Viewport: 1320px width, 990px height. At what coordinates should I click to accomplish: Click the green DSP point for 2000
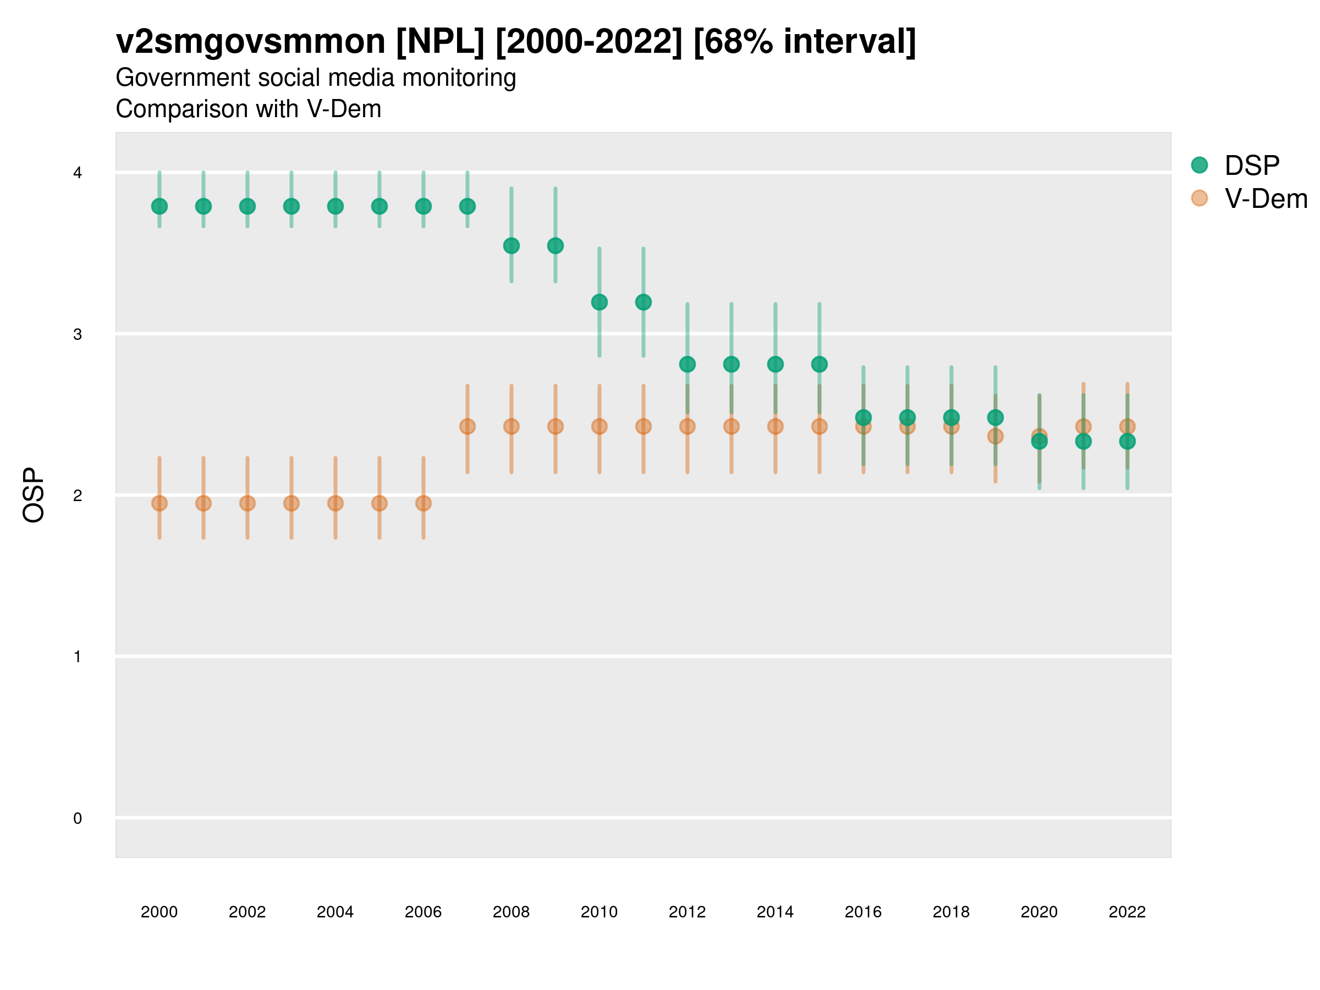159,206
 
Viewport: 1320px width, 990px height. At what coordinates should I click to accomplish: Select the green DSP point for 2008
512,246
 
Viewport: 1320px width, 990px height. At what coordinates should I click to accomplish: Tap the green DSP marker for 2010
599,302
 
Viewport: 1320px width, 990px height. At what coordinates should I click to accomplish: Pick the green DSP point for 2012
687,364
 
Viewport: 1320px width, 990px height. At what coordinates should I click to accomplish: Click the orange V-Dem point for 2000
159,503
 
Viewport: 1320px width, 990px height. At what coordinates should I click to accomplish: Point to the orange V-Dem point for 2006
423,503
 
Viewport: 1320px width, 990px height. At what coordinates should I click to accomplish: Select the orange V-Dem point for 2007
468,427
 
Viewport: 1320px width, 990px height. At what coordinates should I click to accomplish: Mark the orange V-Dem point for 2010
599,427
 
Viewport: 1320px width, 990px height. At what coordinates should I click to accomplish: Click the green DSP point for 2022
1127,442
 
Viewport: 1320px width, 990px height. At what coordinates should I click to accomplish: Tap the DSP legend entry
1251,166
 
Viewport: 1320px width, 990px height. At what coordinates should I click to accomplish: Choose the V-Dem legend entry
1265,199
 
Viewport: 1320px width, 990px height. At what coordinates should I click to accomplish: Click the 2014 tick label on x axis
775,912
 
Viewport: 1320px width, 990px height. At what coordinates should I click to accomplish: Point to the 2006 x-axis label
423,912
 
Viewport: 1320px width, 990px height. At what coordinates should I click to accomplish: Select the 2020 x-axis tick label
1039,912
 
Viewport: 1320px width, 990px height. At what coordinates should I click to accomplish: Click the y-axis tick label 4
78,173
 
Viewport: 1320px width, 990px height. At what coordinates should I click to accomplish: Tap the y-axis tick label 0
78,818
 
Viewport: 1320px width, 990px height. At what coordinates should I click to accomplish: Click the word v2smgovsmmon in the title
251,42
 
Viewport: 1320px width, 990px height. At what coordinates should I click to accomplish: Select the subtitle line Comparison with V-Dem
248,109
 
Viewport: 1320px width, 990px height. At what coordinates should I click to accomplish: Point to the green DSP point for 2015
820,364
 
